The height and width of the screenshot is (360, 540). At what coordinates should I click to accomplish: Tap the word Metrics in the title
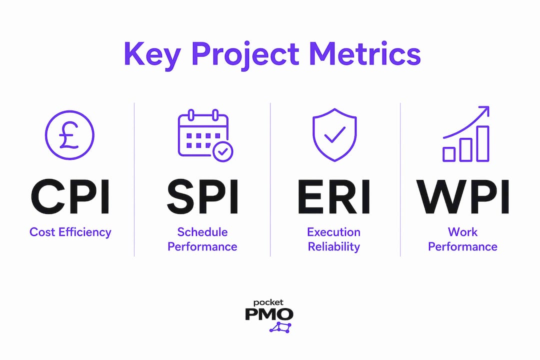point(365,53)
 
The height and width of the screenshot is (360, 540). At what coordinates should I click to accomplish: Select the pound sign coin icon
point(69,135)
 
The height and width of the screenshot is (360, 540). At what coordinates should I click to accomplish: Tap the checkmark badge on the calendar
point(223,151)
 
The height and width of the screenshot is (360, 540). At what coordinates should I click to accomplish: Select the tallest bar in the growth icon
point(482,143)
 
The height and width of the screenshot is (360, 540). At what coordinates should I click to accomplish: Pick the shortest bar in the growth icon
point(448,154)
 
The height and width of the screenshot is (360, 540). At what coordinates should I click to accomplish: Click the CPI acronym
point(70,196)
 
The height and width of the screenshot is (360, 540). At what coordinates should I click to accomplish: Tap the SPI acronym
point(202,196)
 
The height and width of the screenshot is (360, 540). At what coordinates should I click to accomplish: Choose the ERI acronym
point(334,196)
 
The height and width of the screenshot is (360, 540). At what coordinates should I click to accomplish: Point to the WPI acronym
point(462,196)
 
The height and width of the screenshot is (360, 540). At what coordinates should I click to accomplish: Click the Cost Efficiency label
point(70,232)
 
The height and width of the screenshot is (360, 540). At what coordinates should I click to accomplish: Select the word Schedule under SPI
point(202,232)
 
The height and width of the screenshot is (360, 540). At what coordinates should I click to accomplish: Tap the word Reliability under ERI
point(333,247)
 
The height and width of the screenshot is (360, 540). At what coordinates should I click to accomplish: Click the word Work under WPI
point(462,232)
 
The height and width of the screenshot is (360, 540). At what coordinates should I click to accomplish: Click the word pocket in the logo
point(268,303)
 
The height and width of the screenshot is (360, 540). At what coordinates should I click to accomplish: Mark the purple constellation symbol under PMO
point(280,327)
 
